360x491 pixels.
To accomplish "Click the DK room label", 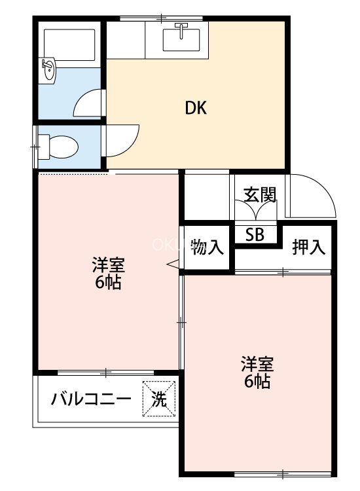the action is click(196, 108).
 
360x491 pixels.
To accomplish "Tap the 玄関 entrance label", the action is click(260, 195).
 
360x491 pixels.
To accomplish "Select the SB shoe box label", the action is click(255, 234).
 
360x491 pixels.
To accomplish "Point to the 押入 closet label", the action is click(309, 246).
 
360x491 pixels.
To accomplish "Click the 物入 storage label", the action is click(207, 246).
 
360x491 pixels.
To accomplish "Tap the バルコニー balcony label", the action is click(91, 399).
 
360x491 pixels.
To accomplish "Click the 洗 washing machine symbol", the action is click(159, 399).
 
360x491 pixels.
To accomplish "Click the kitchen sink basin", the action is click(181, 40).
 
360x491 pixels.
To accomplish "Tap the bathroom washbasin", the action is click(48, 71).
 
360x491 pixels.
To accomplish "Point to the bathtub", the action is click(69, 45).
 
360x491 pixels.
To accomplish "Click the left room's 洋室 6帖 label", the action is click(108, 273).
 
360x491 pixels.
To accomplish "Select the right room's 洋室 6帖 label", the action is click(257, 372).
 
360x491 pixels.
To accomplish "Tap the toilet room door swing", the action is click(132, 145).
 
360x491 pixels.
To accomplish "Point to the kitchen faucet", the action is click(181, 29).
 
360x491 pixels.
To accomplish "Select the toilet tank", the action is click(43, 147).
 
